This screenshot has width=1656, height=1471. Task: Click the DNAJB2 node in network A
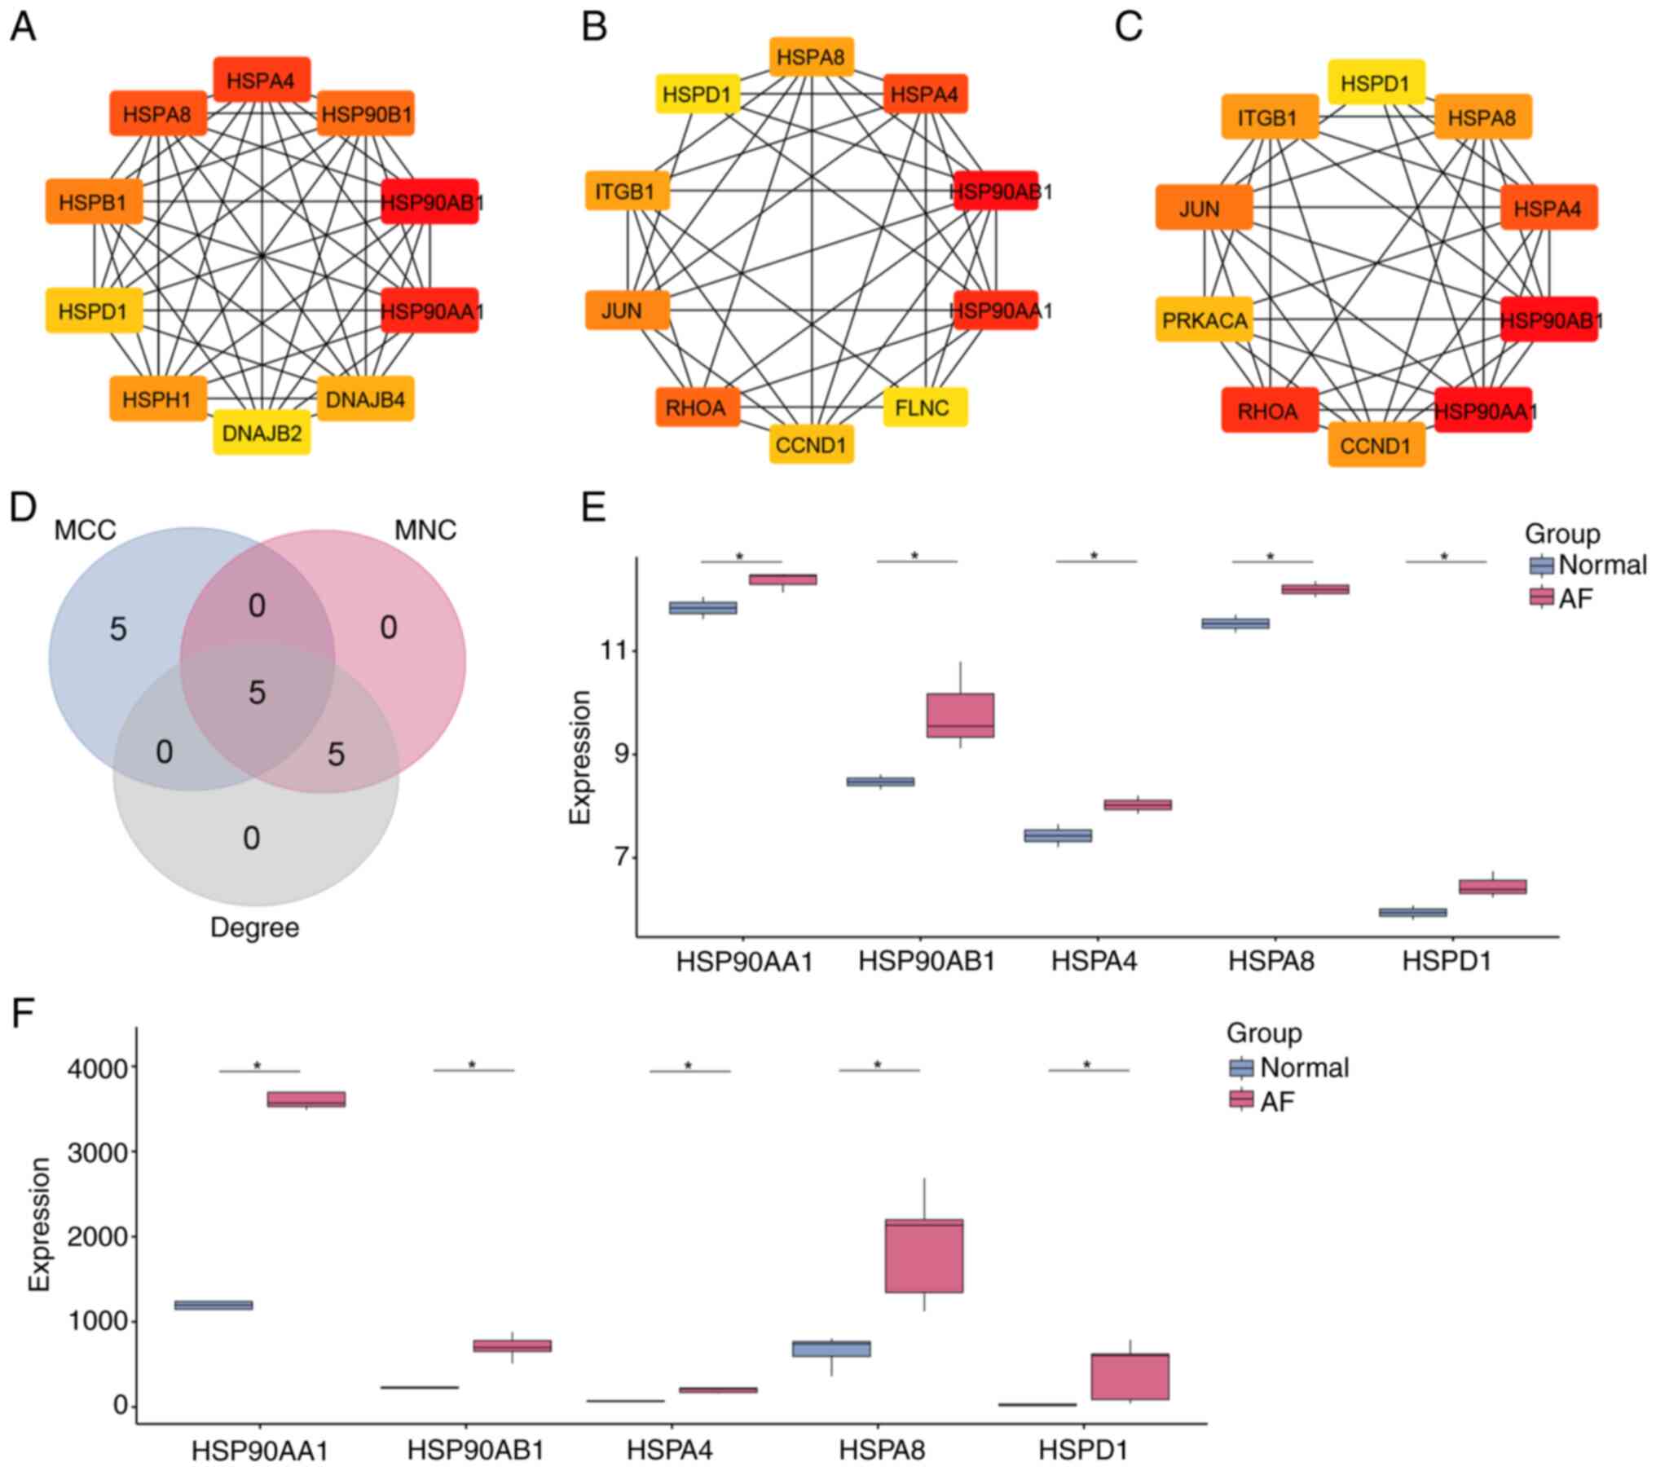tap(262, 433)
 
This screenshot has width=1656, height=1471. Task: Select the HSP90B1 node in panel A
tap(366, 113)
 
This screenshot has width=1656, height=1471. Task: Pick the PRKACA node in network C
tap(1204, 320)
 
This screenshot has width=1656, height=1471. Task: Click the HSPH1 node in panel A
tap(158, 399)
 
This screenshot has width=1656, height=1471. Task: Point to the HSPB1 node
tap(94, 201)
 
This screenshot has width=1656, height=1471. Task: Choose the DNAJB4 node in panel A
tap(365, 399)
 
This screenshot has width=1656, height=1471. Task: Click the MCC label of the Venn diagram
tap(85, 531)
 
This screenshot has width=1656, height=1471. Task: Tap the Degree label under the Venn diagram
tap(254, 927)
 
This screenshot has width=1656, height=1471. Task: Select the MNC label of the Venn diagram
tap(425, 531)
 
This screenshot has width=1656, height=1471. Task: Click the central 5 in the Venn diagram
tap(257, 694)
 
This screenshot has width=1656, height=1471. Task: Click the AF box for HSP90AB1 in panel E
tap(960, 716)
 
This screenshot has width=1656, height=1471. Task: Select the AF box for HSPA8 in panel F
tap(923, 1256)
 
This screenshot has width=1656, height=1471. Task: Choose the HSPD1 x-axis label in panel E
tap(1446, 962)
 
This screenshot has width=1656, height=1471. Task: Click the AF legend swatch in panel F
tap(1241, 1100)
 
